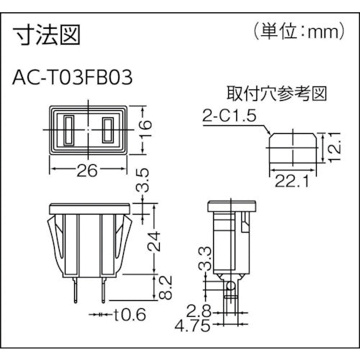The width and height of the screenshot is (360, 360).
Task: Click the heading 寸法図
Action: (x=46, y=33)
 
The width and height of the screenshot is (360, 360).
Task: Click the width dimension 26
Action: (x=89, y=173)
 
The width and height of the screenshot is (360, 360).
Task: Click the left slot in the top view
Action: (x=69, y=130)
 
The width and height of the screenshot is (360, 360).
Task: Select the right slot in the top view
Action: (x=109, y=130)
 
